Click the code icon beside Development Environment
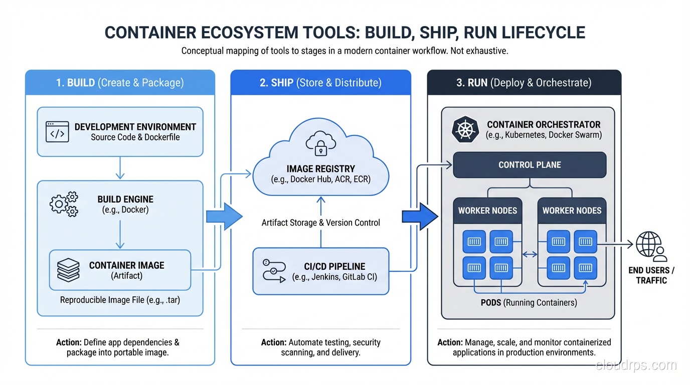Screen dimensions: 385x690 point(57,131)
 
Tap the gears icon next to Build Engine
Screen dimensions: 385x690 point(64,204)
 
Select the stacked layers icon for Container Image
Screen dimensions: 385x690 point(69,270)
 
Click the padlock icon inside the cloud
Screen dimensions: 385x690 point(321,144)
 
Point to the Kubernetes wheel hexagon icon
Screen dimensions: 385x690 point(465,129)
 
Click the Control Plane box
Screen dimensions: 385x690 point(530,165)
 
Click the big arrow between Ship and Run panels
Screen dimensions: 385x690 point(420,217)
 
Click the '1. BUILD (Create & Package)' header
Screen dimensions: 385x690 point(120,83)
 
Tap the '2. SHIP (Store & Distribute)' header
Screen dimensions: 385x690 point(320,83)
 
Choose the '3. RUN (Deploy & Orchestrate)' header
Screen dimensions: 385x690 point(524,83)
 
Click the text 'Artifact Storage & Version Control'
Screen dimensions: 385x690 point(321,223)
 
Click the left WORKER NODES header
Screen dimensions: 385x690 point(487,211)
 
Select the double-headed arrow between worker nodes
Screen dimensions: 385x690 point(530,255)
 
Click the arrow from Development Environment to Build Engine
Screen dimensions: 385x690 point(120,168)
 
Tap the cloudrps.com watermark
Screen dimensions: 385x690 point(636,365)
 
